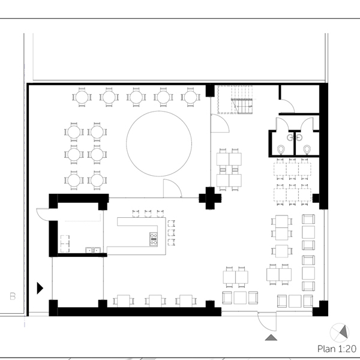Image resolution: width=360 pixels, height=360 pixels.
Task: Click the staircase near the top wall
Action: point(235,100)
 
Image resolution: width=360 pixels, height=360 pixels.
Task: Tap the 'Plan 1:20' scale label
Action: point(337,349)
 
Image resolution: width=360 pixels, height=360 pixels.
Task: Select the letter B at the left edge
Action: point(13,296)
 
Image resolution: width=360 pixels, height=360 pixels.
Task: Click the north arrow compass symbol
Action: point(340,332)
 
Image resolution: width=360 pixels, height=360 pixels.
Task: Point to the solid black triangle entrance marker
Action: point(40,288)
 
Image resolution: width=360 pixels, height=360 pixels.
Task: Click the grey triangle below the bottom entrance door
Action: point(271,337)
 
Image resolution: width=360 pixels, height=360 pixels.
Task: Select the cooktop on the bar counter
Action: point(154,239)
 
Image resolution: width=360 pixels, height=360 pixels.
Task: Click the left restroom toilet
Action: point(281,149)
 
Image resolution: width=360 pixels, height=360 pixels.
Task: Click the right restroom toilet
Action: point(307,149)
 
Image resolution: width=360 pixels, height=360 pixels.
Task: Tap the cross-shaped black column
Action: point(210,198)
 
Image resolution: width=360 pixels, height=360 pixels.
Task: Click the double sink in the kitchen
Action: point(93,250)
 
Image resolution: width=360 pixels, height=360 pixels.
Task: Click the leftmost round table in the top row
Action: point(82,97)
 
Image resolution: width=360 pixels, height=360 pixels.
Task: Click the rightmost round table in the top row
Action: point(190,97)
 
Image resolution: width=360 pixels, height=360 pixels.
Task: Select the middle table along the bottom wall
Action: point(155,301)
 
